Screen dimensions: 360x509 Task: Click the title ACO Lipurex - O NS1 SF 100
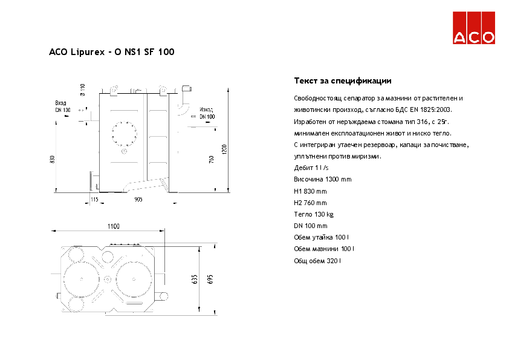[x=112, y=53]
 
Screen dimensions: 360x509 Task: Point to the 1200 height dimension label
[x=224, y=149]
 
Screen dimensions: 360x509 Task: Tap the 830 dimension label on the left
[x=53, y=159]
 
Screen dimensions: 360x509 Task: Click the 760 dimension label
[x=211, y=159]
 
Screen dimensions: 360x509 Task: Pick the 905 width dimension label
[x=138, y=199]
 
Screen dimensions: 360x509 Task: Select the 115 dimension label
[x=94, y=199]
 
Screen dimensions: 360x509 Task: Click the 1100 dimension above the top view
[x=113, y=226]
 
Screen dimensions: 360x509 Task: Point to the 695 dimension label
[x=211, y=279]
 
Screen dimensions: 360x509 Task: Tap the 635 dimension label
[x=195, y=279]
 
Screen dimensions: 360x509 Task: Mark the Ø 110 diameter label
[x=83, y=90]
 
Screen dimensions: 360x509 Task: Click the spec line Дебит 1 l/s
[x=311, y=168]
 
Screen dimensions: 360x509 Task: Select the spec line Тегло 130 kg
[x=313, y=214]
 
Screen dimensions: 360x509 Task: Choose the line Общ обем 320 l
[x=317, y=261]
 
